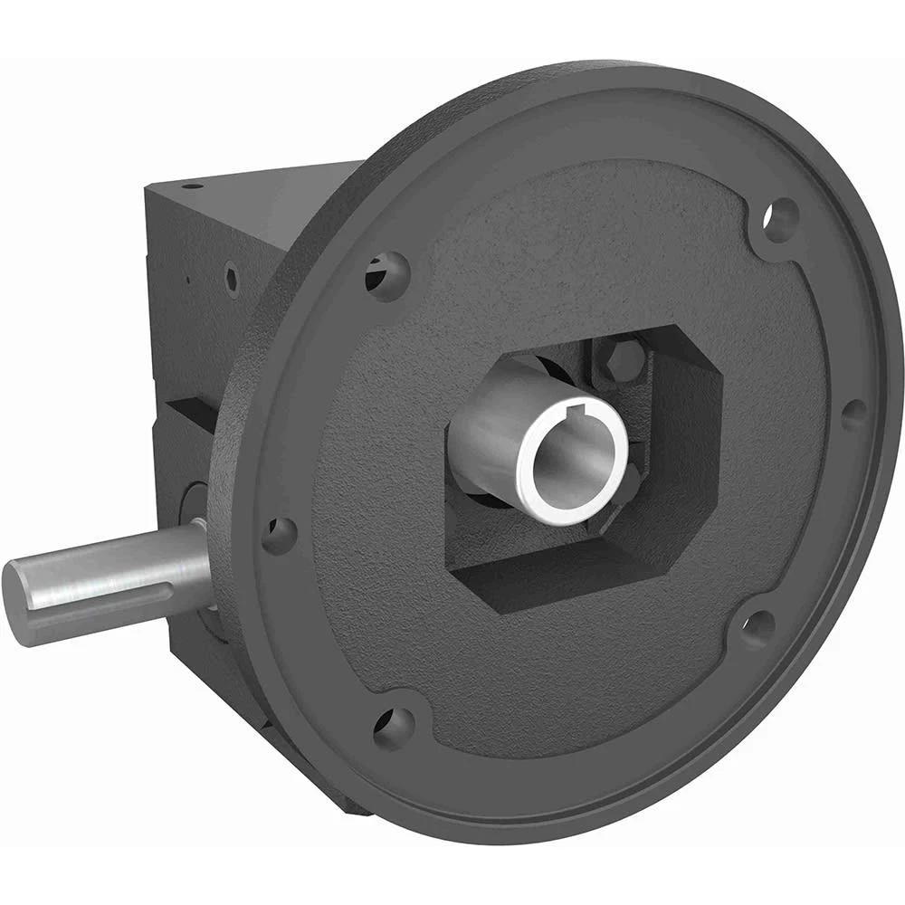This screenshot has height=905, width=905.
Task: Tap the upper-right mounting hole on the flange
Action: pos(780,220)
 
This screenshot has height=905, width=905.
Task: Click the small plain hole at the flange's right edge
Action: pos(853,414)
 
